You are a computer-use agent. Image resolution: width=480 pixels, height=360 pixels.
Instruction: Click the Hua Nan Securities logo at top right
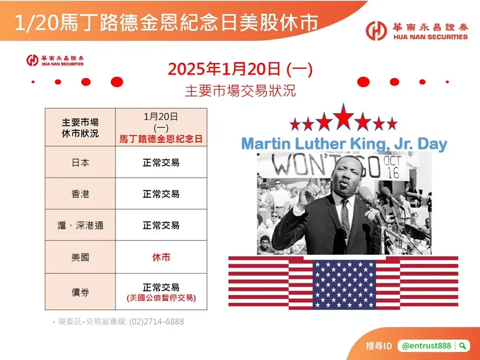(x=416, y=30)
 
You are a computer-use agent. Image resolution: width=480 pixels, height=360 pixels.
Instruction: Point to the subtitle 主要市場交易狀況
(x=240, y=90)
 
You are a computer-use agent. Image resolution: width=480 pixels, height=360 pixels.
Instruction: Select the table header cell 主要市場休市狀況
(x=80, y=128)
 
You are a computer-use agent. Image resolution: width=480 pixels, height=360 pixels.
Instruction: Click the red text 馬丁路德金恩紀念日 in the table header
(x=161, y=139)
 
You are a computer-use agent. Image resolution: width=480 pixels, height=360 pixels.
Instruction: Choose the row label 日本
(x=80, y=162)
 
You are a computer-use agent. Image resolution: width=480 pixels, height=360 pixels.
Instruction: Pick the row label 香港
(x=80, y=194)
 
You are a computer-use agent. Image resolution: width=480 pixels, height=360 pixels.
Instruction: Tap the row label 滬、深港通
(x=80, y=226)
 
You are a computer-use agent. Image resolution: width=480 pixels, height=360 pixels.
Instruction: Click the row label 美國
(x=80, y=258)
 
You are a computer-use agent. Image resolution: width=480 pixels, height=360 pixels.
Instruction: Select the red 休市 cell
(x=161, y=258)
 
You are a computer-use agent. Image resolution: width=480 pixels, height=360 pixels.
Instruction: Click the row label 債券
(x=80, y=293)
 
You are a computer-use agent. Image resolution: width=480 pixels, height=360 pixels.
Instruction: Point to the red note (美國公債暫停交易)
(x=161, y=298)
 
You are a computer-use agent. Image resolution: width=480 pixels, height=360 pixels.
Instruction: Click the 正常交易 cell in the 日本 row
(x=161, y=162)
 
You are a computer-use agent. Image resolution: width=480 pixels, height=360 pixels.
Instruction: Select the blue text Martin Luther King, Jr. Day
(x=344, y=143)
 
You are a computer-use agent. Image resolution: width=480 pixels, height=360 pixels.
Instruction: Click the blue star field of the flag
(x=344, y=283)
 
